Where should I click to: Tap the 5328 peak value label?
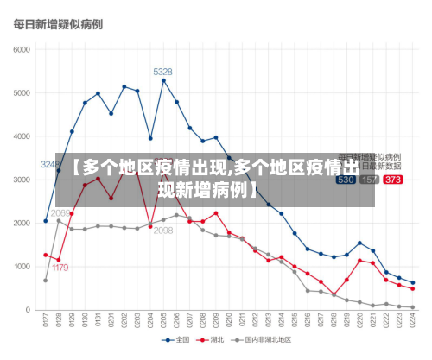click(x=162, y=72)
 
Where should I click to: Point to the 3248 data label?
click(x=51, y=164)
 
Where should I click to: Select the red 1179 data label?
click(x=59, y=268)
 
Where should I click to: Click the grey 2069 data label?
click(x=60, y=212)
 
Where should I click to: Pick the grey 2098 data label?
click(x=163, y=231)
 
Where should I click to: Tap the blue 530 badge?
click(x=346, y=180)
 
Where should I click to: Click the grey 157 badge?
click(x=369, y=180)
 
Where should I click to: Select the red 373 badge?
click(x=392, y=180)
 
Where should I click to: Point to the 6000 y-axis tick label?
click(x=21, y=49)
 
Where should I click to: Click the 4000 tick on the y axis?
click(x=21, y=136)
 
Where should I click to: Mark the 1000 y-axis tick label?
click(x=21, y=266)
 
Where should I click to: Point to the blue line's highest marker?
click(x=163, y=80)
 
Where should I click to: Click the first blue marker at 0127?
click(x=46, y=221)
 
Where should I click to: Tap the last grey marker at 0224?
click(x=413, y=307)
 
